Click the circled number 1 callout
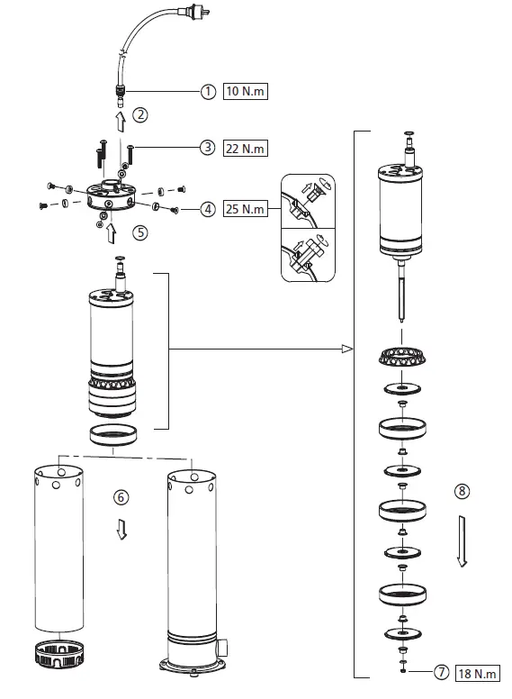[208, 91]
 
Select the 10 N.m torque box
[246, 91]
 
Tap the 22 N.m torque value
[246, 148]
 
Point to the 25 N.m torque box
[246, 209]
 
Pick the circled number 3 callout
[208, 148]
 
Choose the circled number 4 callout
[208, 209]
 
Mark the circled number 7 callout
[442, 673]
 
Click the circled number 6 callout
[121, 496]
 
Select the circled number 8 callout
[463, 492]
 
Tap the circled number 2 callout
[140, 115]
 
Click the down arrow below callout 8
[462, 540]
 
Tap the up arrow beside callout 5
[112, 233]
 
